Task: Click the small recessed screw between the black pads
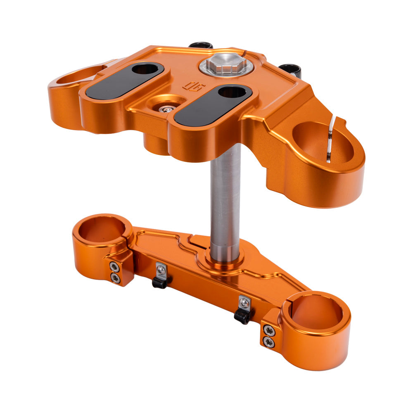(x=167, y=109)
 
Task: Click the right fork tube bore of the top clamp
(x=322, y=142)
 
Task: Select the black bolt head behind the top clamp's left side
(x=201, y=45)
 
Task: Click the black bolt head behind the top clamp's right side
(x=290, y=69)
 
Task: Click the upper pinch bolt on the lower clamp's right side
(x=269, y=330)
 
